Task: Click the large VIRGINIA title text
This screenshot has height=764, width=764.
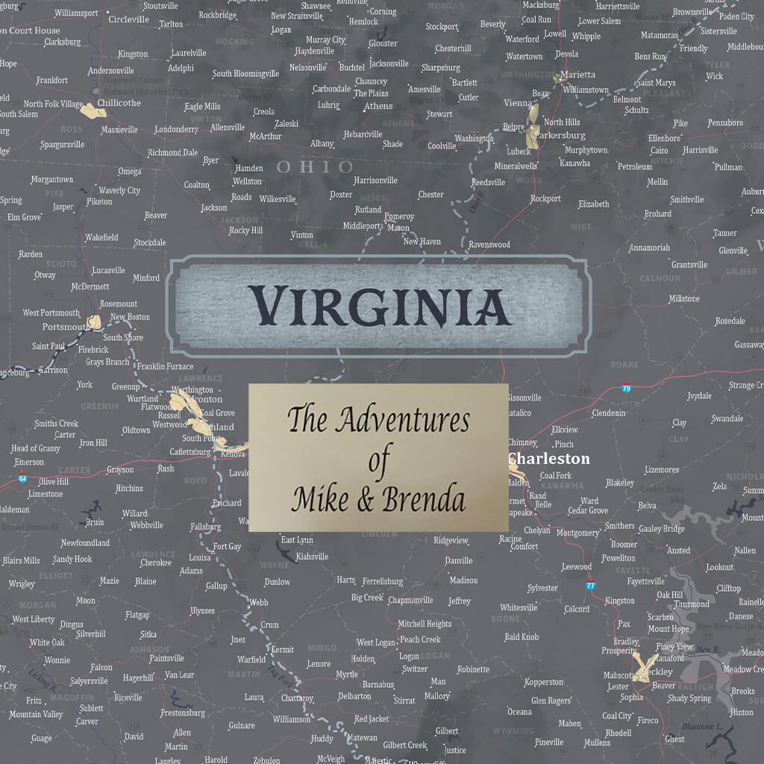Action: tap(379, 306)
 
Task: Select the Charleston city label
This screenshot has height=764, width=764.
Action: tap(549, 459)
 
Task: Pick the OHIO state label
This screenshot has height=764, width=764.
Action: tap(315, 166)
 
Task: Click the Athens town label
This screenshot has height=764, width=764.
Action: tap(378, 106)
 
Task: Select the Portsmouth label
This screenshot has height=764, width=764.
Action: tap(66, 327)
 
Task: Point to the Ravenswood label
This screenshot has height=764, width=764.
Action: tap(489, 245)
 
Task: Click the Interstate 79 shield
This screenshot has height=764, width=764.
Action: tap(626, 388)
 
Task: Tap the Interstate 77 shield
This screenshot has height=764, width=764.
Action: tap(590, 586)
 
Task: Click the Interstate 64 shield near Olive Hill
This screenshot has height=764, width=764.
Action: tap(23, 478)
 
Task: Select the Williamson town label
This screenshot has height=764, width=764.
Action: tap(291, 719)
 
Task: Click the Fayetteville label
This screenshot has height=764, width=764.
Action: tap(645, 581)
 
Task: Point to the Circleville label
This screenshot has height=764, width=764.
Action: tap(128, 19)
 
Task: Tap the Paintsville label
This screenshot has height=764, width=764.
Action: tap(166, 658)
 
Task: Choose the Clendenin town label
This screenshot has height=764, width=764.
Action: tap(609, 413)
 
